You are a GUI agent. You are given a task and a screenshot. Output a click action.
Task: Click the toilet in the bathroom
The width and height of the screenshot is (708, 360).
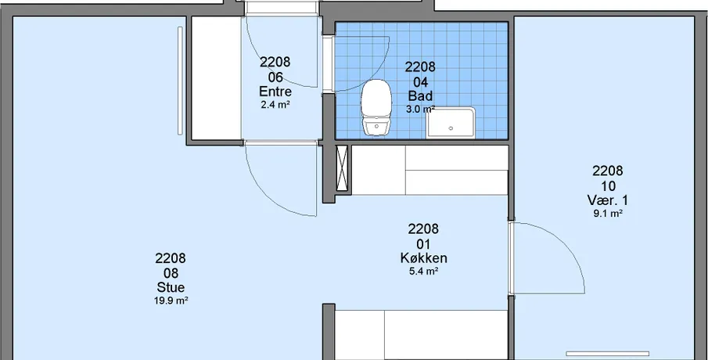coord(376,107)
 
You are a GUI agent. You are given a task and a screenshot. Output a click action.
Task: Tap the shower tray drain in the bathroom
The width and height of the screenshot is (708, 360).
coord(451,128)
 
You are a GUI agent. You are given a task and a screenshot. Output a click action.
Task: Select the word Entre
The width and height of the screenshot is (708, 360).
coord(275,92)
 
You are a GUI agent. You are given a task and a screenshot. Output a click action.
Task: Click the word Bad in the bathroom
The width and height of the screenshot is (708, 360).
coord(420,95)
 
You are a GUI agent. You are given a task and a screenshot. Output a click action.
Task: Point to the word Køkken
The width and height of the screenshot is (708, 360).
coord(423,258)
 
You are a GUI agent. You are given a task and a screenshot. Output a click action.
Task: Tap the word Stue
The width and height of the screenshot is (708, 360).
coord(171,287)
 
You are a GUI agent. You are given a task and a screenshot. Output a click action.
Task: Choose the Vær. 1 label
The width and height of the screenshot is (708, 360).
coord(607,200)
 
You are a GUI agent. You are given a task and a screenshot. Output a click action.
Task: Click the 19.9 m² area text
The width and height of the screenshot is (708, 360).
coord(171,301)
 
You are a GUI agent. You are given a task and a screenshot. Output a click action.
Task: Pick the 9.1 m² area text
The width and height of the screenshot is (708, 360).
coord(607,214)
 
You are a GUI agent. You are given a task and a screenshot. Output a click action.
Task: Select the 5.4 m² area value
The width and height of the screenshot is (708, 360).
coord(423,271)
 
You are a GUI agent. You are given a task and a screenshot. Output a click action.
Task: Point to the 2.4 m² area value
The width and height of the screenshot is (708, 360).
coord(275,105)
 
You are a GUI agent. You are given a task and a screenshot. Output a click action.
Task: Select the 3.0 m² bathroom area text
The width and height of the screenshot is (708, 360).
coord(420,109)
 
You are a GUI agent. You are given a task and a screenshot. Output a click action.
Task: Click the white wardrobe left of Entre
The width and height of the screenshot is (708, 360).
coord(217,78)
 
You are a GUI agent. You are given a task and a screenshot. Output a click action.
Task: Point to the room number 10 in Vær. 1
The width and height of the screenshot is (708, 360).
coord(607,185)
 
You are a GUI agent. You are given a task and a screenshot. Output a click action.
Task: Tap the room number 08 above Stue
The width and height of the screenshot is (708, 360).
coord(171,273)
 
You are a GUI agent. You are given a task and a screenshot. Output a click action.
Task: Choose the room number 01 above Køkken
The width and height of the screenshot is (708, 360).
coord(423,244)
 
